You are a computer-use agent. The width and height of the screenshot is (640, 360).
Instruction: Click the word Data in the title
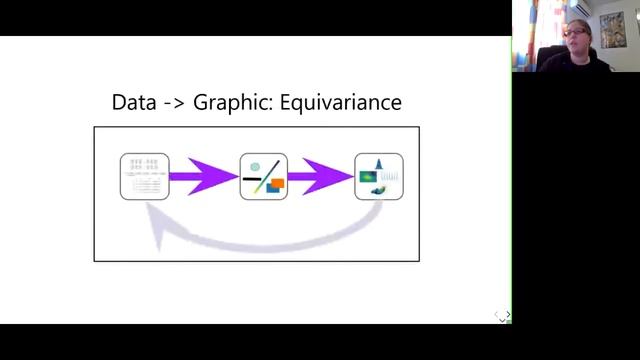point(134,102)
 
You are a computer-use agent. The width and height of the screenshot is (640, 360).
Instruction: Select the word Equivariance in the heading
point(341,103)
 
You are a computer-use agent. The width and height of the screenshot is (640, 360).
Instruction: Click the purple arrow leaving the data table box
point(204,177)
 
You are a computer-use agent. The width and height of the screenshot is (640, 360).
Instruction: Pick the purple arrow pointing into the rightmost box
point(321,177)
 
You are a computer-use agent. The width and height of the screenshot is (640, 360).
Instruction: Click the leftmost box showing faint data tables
point(144,177)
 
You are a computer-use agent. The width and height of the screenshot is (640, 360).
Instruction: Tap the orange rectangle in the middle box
point(277,184)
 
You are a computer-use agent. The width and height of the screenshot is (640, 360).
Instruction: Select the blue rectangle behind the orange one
point(272,188)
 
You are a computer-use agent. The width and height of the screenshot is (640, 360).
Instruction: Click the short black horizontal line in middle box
point(252,179)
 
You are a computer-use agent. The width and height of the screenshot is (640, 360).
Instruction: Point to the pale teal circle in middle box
point(255,167)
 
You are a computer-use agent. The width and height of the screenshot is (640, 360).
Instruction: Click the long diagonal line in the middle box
point(267,176)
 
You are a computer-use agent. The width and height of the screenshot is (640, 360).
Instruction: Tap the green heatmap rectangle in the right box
point(368,177)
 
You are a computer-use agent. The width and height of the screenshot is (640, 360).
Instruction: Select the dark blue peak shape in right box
point(379,164)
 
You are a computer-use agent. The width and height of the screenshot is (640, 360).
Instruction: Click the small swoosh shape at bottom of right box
point(378,190)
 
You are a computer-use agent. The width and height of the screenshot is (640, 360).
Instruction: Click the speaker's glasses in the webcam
point(575,32)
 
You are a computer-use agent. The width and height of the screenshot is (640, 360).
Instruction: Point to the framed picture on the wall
point(613,30)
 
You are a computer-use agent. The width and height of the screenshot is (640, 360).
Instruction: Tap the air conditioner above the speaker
point(580,8)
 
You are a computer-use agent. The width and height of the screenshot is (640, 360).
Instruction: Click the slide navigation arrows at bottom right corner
point(503,316)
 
